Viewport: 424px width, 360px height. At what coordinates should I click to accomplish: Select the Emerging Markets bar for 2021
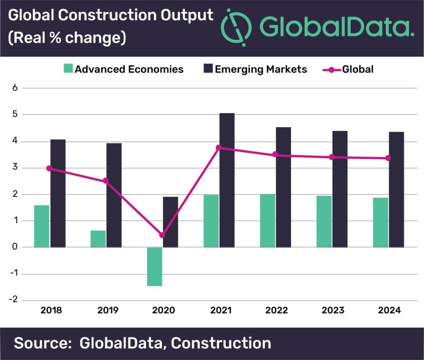tap(227, 180)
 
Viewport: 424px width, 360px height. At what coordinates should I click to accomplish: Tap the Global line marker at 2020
tap(162, 235)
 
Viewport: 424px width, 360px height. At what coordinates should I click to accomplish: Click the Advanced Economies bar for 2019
tap(98, 238)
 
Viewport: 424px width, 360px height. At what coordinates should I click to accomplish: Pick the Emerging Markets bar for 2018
tap(58, 193)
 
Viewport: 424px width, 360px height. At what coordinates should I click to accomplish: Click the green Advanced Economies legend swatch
tap(68, 69)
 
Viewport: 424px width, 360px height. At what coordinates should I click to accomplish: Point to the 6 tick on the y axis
tap(14, 88)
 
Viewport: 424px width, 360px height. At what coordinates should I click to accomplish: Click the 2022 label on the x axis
tap(276, 310)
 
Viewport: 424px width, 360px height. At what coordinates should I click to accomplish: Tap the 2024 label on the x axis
tap(389, 310)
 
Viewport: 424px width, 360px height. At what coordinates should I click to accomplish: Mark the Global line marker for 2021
tap(219, 147)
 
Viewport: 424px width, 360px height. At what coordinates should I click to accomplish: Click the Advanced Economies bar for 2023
tap(324, 221)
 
